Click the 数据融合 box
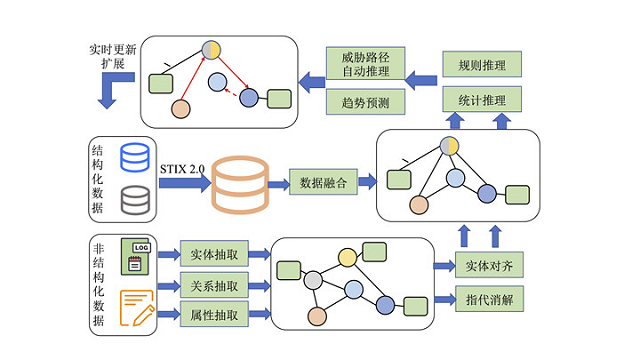pyautogui.click(x=321, y=184)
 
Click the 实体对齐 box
pyautogui.click(x=489, y=266)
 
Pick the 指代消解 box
pyautogui.click(x=489, y=298)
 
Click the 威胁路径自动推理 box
pyautogui.click(x=365, y=65)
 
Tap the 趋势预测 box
pyautogui.click(x=365, y=102)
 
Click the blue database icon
pyautogui.click(x=133, y=158)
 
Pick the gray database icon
pyautogui.click(x=133, y=200)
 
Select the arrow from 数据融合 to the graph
pyautogui.click(x=366, y=184)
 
